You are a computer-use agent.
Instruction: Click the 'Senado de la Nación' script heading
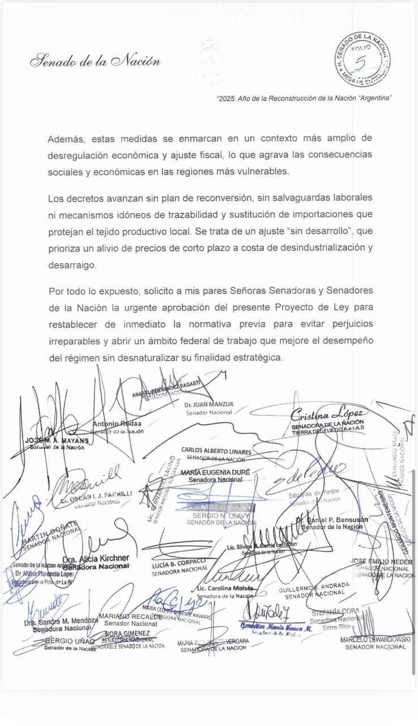[x=95, y=61]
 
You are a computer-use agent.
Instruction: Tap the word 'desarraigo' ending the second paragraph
[x=72, y=265]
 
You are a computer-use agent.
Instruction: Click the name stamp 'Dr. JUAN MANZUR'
[x=208, y=404]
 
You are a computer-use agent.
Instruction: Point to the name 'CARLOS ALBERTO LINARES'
[x=216, y=451]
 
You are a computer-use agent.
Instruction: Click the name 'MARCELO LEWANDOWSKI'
[x=376, y=639]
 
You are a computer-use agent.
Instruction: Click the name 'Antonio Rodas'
[x=117, y=424]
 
